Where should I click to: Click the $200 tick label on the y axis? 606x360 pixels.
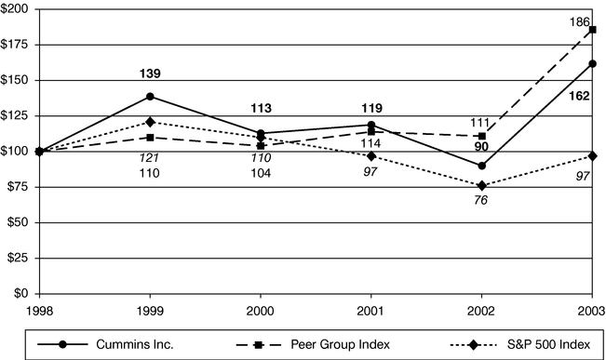pos(17,8)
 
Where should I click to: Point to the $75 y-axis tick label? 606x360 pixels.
pos(20,187)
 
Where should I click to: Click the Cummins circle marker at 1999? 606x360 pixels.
pos(150,96)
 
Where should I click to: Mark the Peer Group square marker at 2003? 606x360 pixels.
pos(592,30)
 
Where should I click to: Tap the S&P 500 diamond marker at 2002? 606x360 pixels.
pos(481,185)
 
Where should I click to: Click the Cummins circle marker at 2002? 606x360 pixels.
pos(481,166)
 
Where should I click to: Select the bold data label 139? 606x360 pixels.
pos(150,73)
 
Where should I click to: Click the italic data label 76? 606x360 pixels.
pos(481,201)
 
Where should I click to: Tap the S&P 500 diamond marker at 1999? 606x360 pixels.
pos(150,122)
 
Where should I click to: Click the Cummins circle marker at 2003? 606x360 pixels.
pos(592,63)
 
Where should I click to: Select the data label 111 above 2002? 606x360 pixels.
pos(481,123)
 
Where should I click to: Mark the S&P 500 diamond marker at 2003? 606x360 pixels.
pos(592,155)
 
